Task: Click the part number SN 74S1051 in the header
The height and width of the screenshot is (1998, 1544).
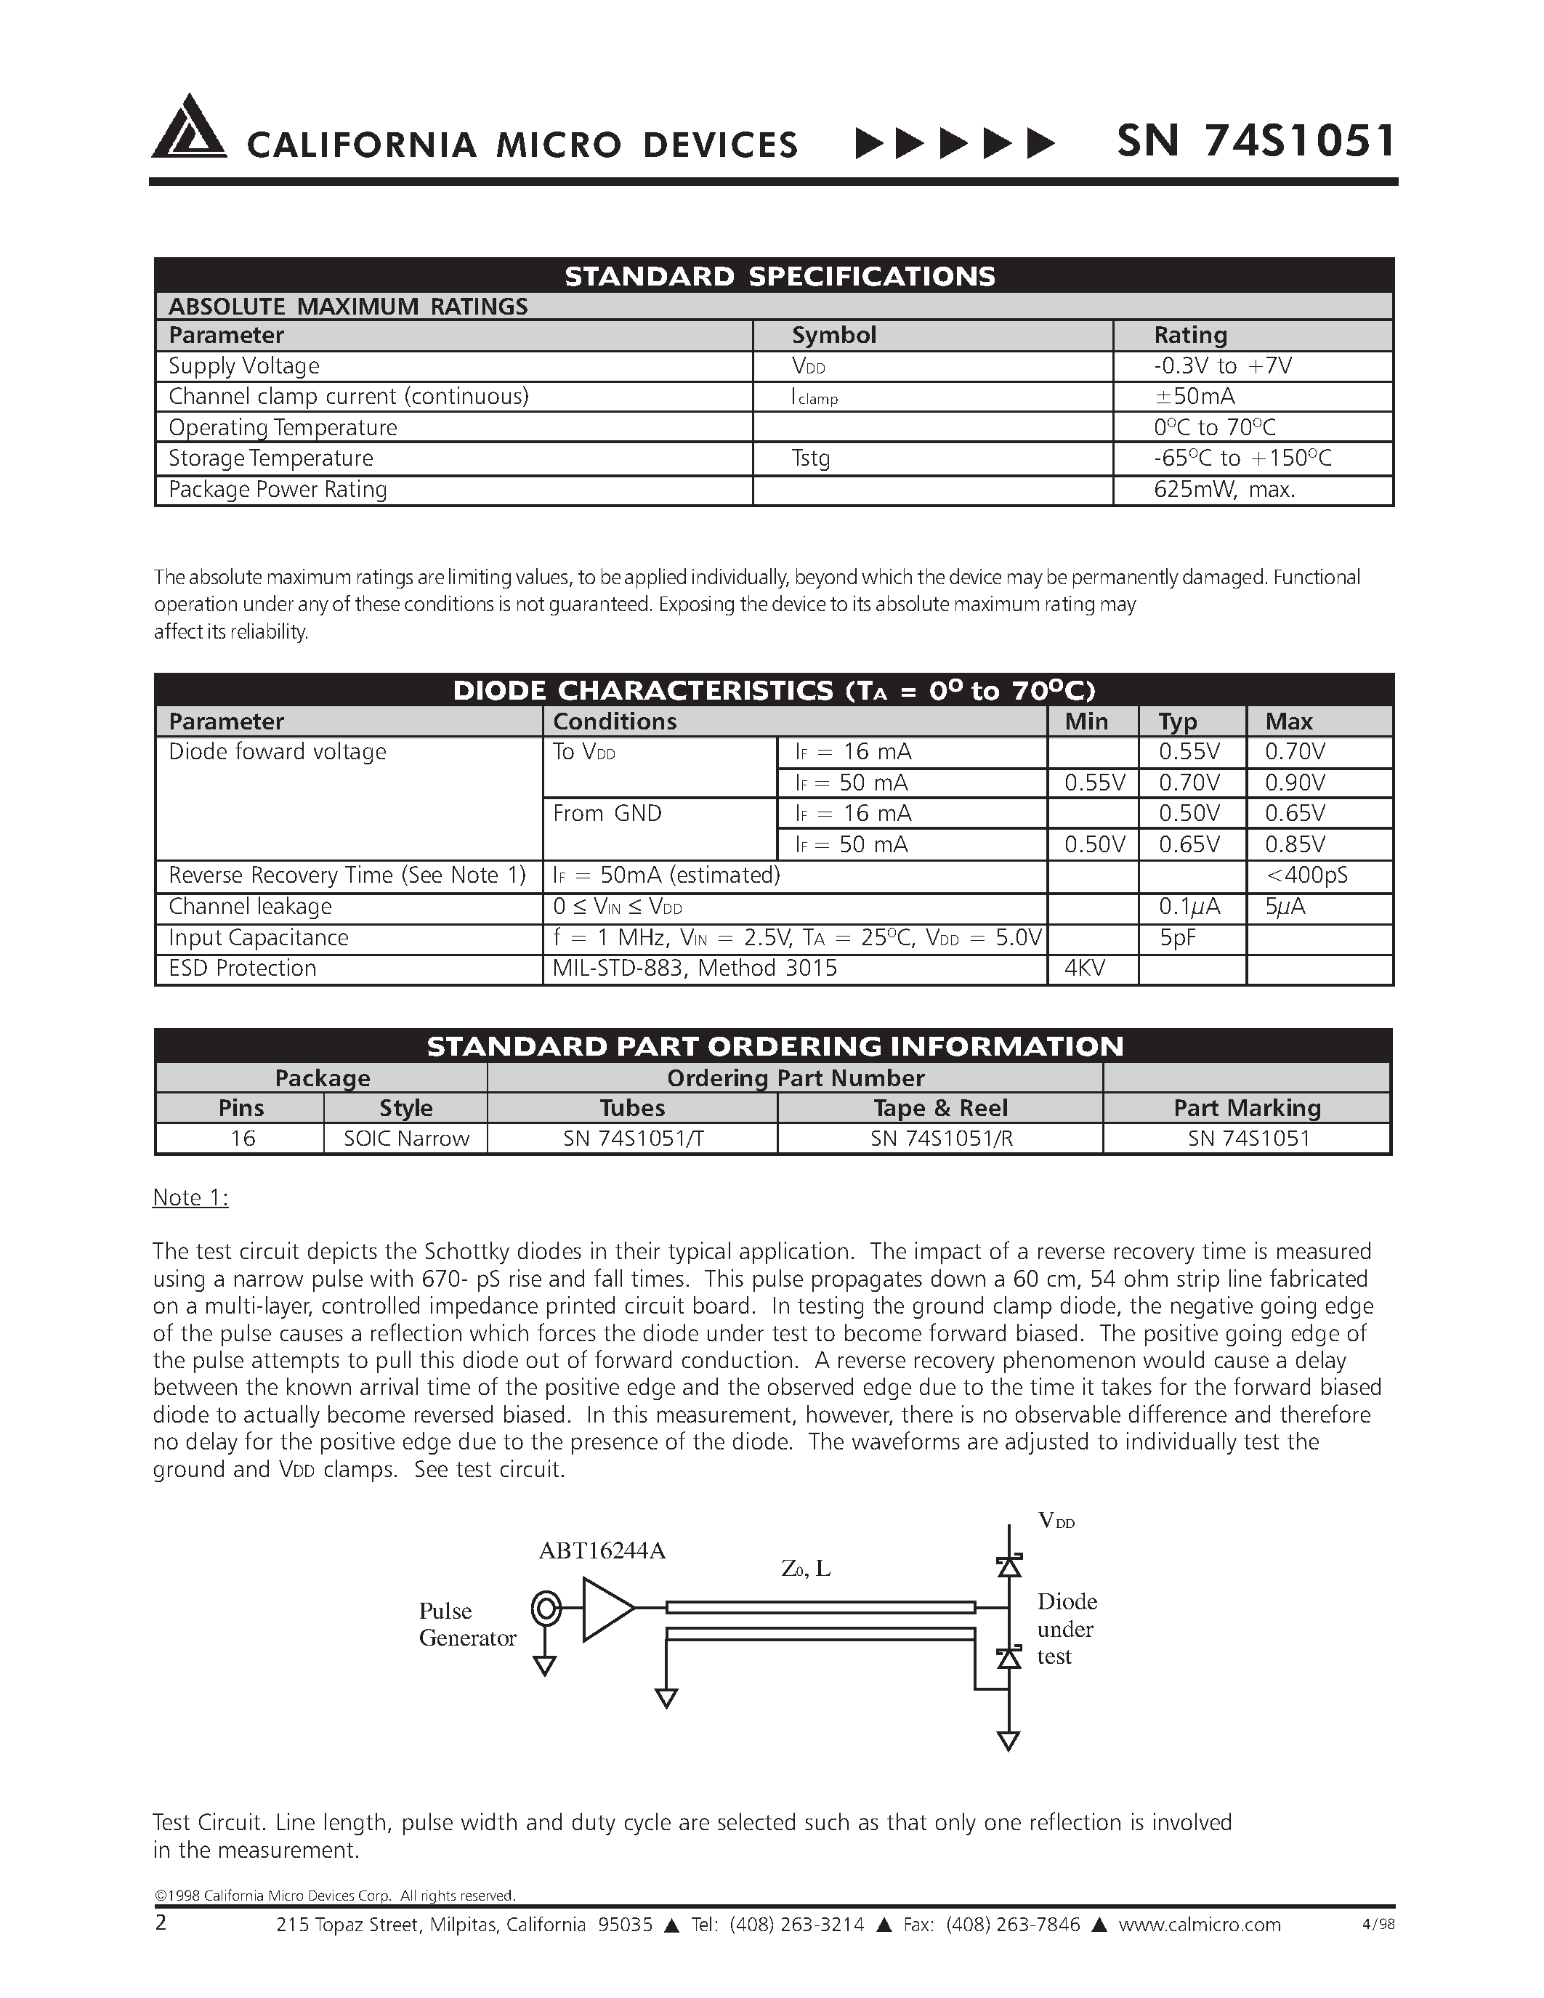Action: [1256, 142]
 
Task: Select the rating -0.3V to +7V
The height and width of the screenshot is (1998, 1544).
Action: [1222, 366]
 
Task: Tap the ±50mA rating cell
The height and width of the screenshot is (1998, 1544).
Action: [1194, 396]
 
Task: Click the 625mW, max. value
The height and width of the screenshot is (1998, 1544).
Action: [1224, 490]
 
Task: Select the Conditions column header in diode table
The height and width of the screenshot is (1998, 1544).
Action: [615, 721]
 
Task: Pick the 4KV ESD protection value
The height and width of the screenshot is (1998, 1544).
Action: [1085, 968]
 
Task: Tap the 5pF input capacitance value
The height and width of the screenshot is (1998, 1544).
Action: [1177, 938]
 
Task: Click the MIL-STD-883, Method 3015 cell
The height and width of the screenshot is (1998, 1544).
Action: [694, 968]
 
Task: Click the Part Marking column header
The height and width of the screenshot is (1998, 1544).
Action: [1247, 1108]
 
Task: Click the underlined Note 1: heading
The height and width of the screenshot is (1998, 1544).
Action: [190, 1197]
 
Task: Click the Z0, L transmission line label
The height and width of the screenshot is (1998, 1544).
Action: [806, 1568]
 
